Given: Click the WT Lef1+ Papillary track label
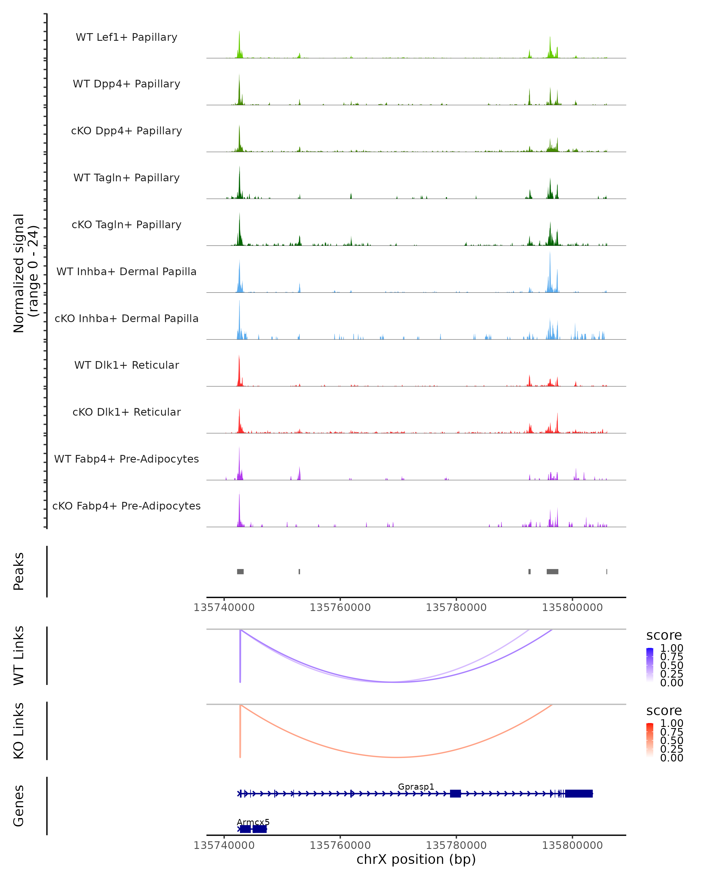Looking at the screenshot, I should click(126, 37).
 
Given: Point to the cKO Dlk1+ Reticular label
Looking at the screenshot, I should click(126, 412).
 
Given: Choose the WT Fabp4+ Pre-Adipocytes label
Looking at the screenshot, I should click(126, 459).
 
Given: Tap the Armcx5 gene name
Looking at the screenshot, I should click(253, 822).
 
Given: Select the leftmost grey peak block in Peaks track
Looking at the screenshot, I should click(240, 571).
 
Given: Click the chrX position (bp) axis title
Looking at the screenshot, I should click(416, 859).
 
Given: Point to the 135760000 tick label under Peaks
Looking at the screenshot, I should click(340, 607).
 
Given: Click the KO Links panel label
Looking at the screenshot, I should click(19, 731).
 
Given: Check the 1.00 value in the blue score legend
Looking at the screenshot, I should click(671, 648).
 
